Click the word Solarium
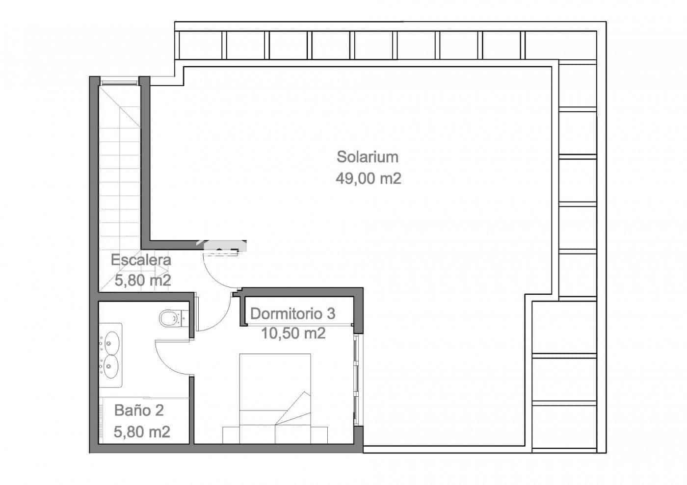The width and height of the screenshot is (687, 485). (x=367, y=157)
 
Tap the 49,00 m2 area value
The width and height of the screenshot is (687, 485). (x=368, y=179)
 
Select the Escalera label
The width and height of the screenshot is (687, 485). (x=141, y=260)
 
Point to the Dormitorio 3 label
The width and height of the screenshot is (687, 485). (x=292, y=313)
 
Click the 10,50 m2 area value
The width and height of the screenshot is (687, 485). (x=293, y=333)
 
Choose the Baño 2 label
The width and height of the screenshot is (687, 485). (x=139, y=410)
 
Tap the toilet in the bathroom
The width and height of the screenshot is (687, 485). (x=169, y=318)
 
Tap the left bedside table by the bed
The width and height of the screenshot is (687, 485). (x=231, y=434)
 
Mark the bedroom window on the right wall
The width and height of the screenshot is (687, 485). (x=357, y=380)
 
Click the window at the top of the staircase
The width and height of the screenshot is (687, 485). (x=119, y=81)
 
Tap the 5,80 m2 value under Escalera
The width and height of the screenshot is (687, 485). (x=142, y=281)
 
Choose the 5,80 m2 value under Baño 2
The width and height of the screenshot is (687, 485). (x=142, y=432)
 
